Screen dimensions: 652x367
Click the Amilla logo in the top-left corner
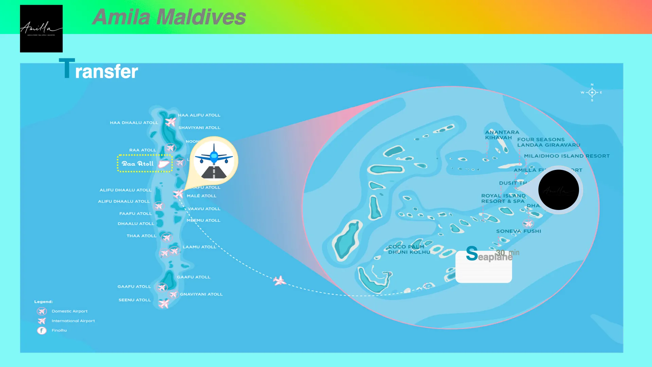41,29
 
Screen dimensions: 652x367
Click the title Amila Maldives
169,17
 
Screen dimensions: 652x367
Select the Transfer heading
98,70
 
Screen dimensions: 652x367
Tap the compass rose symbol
592,92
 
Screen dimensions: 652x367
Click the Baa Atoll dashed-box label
145,164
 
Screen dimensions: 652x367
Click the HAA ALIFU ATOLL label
199,115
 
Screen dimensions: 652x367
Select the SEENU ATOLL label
134,300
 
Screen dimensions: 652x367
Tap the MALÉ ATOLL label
201,196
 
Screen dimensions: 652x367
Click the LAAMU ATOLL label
199,247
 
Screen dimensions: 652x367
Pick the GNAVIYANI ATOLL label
201,294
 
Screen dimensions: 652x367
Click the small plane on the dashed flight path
279,281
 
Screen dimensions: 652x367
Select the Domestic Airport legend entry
69,311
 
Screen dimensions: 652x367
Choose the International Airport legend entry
73,321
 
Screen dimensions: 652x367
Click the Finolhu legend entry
59,330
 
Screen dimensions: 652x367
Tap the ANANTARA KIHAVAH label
502,135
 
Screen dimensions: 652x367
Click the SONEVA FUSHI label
519,231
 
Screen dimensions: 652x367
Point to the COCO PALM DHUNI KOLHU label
409,249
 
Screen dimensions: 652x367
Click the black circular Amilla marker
559,190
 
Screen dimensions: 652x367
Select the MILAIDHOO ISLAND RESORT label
566,156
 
